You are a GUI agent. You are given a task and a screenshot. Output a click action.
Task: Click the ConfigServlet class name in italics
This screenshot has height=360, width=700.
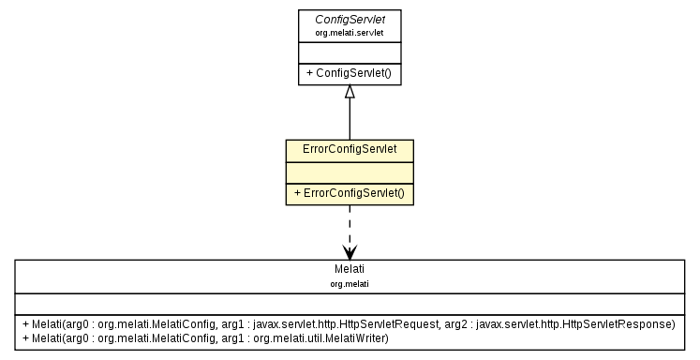[350, 19]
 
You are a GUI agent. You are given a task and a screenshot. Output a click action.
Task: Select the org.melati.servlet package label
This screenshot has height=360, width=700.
[350, 32]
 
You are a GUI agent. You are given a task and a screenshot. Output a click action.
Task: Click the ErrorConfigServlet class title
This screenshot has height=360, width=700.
[350, 150]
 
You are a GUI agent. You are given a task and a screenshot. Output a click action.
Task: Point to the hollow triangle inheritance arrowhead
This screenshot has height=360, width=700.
[350, 92]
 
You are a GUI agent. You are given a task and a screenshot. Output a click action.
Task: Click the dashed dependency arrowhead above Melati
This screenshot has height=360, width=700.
[350, 252]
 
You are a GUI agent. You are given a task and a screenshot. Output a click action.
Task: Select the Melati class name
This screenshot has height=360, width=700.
[349, 269]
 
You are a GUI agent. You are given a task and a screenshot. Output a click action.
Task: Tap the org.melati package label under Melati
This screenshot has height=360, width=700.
[349, 282]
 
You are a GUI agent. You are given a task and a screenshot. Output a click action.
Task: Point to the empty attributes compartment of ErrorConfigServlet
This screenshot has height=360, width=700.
[350, 172]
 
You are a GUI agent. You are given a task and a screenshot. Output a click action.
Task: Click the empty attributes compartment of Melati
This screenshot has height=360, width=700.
[349, 302]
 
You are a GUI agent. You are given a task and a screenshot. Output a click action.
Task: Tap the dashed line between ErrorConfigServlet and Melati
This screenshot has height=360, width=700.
[350, 225]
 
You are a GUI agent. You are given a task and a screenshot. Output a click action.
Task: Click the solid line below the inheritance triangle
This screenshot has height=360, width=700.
[350, 120]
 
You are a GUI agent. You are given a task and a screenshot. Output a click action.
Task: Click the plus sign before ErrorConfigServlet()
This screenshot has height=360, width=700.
[297, 194]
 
